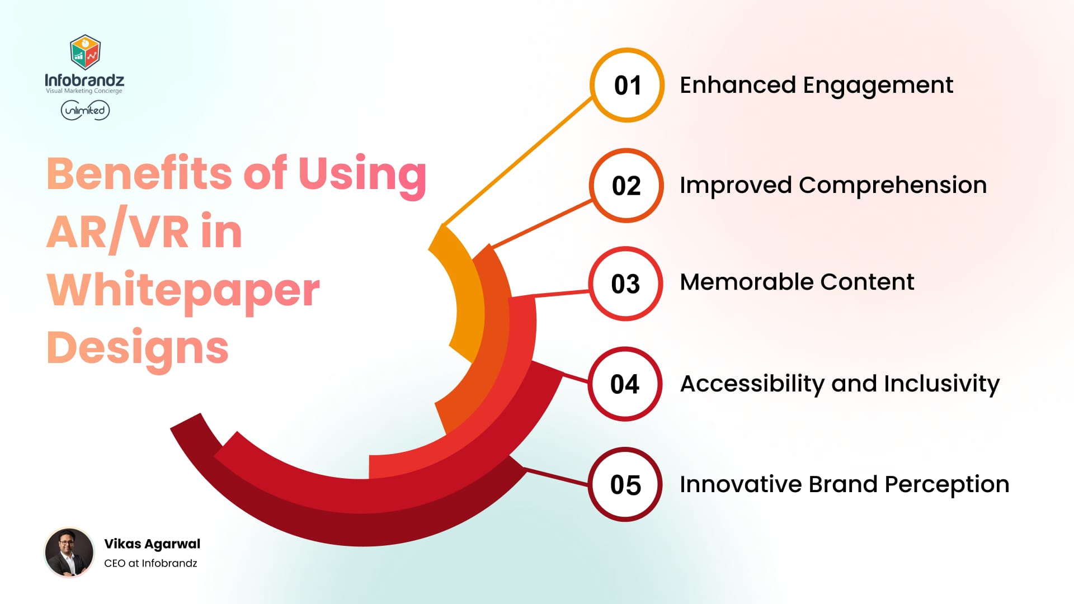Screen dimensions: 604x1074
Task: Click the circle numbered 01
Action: tap(627, 85)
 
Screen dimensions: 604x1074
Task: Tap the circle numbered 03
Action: tap(625, 284)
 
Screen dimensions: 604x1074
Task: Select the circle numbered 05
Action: tap(625, 484)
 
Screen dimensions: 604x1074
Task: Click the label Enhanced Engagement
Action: tap(816, 85)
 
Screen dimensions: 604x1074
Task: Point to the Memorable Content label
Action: tap(797, 282)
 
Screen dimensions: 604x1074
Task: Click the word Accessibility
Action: tap(752, 384)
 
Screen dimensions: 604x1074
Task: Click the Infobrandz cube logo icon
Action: tap(85, 51)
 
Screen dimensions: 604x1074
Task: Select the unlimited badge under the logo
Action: tap(85, 110)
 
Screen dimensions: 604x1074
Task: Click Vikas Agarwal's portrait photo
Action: tap(69, 553)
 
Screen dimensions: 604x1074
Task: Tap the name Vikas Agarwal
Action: tap(152, 544)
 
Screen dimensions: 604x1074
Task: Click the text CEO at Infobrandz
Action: tap(150, 563)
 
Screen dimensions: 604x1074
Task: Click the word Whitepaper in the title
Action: tap(183, 291)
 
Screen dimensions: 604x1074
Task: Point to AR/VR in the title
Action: tap(117, 232)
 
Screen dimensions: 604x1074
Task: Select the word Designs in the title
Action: tap(138, 348)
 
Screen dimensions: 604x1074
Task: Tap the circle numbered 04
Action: tap(625, 384)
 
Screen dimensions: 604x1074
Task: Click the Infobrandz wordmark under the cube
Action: tap(84, 81)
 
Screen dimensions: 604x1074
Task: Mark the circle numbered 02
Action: tap(626, 186)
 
